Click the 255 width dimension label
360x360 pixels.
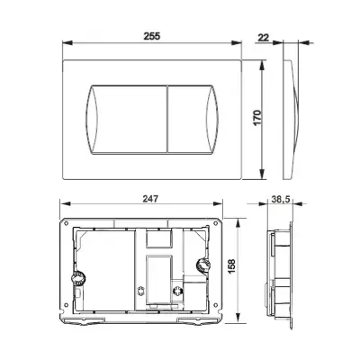[x=152, y=36]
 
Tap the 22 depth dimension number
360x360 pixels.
[x=264, y=38]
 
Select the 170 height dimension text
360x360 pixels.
[x=257, y=118]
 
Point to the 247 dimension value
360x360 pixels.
[x=150, y=199]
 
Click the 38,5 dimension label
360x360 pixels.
[x=281, y=199]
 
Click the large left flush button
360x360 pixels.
[x=126, y=120]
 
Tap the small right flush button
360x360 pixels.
[x=193, y=120]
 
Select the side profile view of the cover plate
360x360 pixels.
[x=291, y=120]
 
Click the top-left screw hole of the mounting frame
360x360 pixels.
[x=66, y=223]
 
